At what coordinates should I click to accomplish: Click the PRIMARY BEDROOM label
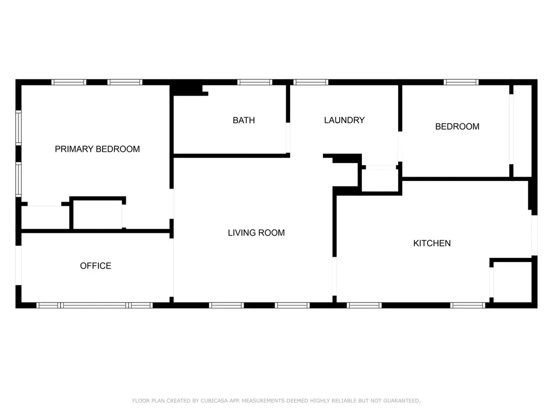(97, 149)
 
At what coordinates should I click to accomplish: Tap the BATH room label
(244, 121)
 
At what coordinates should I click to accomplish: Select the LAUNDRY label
(344, 121)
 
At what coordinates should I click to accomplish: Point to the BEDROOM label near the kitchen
(457, 126)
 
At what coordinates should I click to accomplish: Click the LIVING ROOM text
(256, 233)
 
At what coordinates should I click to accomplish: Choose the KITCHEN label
(431, 244)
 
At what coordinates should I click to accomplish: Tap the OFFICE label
(96, 266)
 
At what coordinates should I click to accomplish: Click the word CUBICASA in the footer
(214, 401)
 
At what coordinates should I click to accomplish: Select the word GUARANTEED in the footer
(402, 401)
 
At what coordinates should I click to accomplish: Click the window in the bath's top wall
(255, 82)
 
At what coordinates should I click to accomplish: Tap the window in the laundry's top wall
(311, 82)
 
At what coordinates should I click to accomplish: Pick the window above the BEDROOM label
(461, 82)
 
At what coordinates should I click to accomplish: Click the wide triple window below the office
(95, 305)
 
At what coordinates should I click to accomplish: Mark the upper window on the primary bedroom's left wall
(18, 128)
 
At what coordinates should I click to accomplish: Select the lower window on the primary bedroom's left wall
(18, 179)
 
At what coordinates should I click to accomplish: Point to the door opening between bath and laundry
(288, 138)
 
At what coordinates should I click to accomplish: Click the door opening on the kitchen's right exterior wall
(534, 236)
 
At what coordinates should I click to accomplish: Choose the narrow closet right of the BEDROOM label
(522, 131)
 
